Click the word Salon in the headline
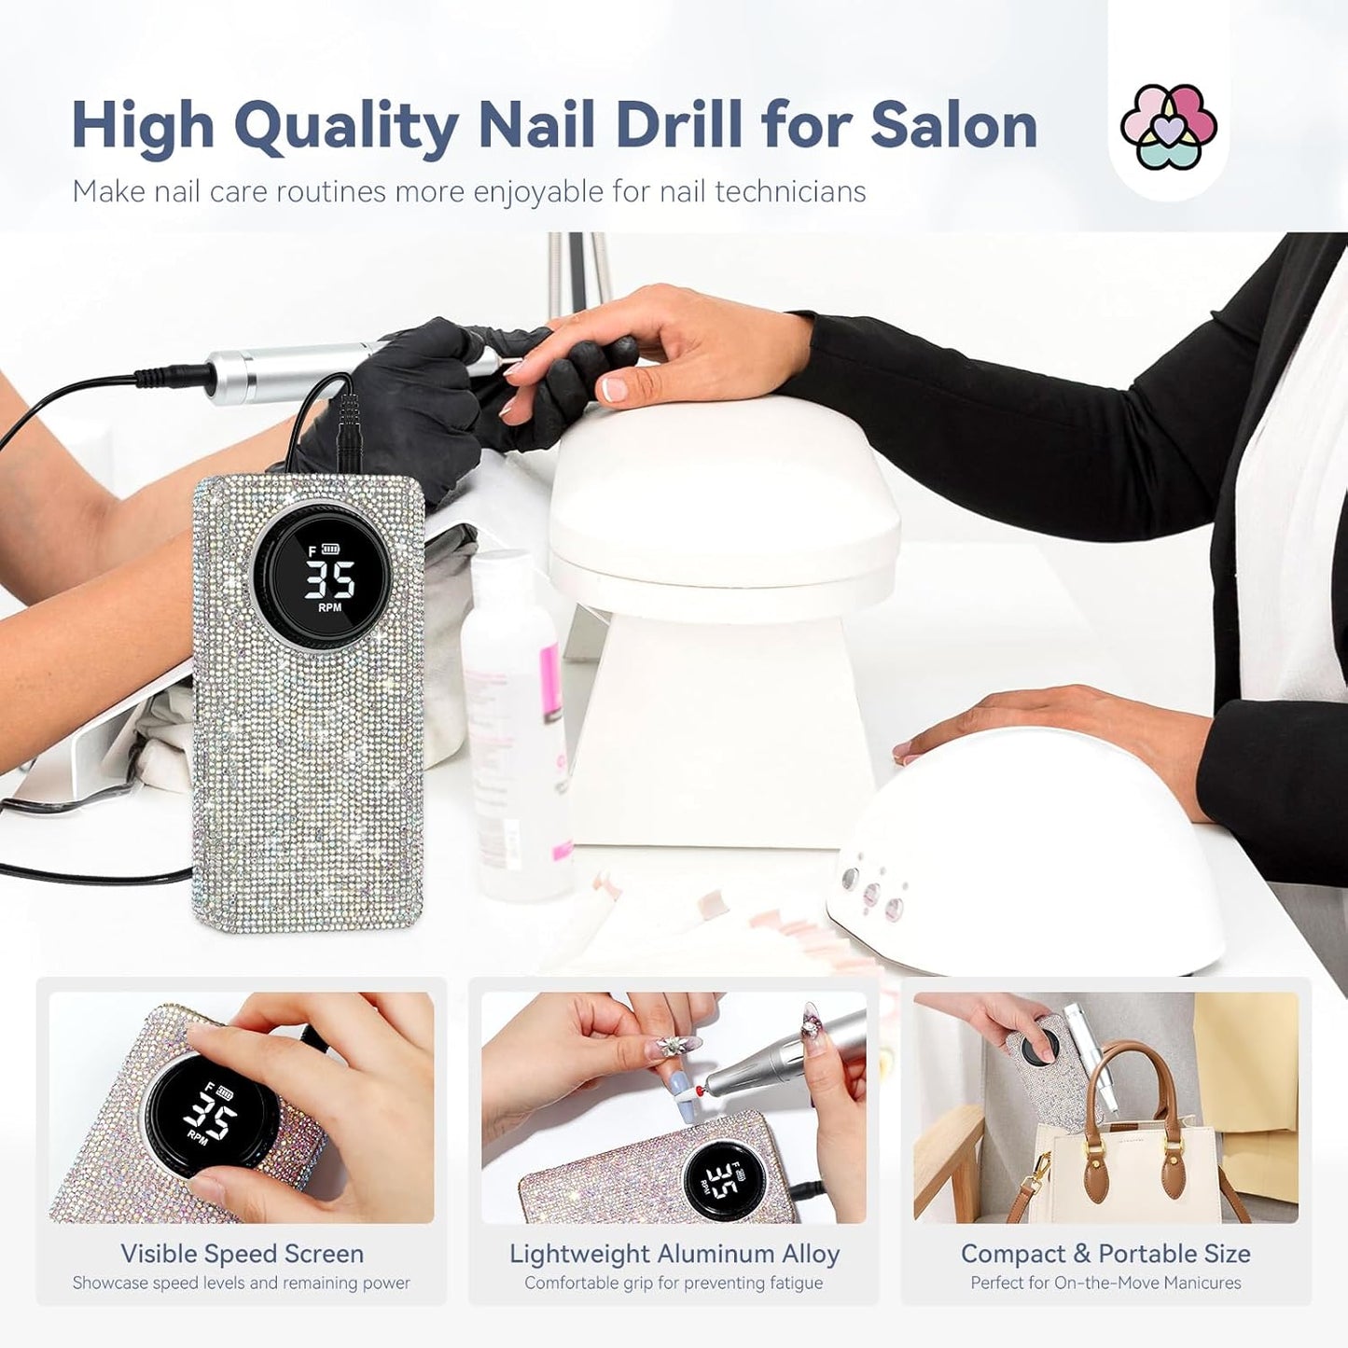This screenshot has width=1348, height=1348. click(x=953, y=125)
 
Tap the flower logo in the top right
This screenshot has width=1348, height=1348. click(x=1168, y=127)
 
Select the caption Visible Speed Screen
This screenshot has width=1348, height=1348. click(x=242, y=1254)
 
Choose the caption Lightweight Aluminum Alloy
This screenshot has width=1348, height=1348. click(x=674, y=1254)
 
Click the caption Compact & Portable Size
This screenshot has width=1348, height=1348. click(x=1105, y=1254)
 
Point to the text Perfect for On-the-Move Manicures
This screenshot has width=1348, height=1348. click(x=1105, y=1283)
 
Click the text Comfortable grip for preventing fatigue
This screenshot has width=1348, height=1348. click(x=674, y=1283)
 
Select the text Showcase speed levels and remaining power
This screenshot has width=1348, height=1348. click(x=242, y=1283)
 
